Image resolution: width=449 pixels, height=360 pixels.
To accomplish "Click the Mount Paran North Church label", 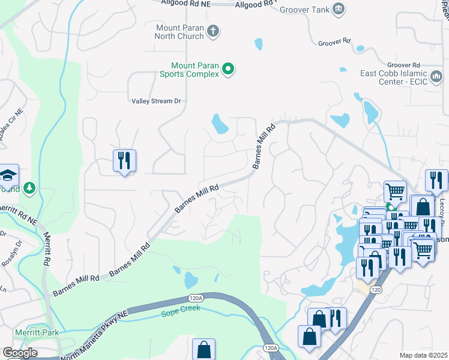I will click(179, 32).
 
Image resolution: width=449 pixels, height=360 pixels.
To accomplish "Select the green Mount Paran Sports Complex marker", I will click(228, 70).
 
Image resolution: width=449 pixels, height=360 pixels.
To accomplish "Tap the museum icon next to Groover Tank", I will click(339, 8).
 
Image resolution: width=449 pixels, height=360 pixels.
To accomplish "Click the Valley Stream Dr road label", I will click(156, 101).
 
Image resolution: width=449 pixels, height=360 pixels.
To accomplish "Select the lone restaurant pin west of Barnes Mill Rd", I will click(125, 161).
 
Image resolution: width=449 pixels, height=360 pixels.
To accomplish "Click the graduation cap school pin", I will click(8, 175).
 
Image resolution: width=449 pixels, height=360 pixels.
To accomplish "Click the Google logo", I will click(20, 353).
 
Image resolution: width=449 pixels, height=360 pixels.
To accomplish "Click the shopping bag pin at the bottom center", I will click(203, 349).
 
